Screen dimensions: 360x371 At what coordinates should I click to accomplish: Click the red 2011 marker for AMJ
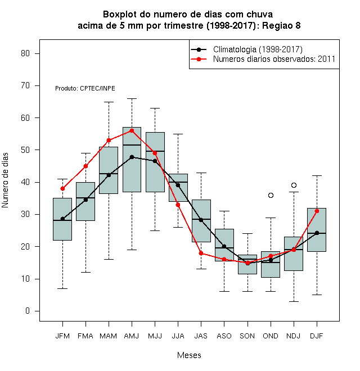pyautogui.click(x=132, y=130)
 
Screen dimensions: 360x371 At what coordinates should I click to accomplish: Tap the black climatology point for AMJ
pyautogui.click(x=132, y=157)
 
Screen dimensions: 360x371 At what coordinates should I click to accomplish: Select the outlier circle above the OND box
pyautogui.click(x=271, y=195)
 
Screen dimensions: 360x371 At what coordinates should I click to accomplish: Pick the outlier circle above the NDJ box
pyautogui.click(x=294, y=185)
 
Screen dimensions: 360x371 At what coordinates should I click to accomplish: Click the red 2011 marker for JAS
pyautogui.click(x=201, y=253)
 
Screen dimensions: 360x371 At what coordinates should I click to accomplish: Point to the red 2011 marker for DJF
pyautogui.click(x=317, y=211)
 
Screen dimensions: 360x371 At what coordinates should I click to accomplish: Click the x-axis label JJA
pyautogui.click(x=178, y=336)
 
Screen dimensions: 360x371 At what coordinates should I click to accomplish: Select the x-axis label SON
pyautogui.click(x=247, y=336)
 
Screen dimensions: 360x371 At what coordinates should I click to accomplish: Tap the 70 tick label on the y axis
pyautogui.click(x=25, y=85)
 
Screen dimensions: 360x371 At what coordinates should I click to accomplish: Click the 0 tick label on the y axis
pyautogui.click(x=28, y=311)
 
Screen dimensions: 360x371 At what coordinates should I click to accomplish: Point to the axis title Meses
pyautogui.click(x=189, y=355)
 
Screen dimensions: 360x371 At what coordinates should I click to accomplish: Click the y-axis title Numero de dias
pyautogui.click(x=5, y=180)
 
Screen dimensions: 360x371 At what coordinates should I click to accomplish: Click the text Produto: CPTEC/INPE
pyautogui.click(x=85, y=88)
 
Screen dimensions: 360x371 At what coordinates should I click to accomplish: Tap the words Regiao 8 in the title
pyautogui.click(x=281, y=25)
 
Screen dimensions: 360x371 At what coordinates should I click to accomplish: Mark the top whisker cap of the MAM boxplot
pyautogui.click(x=109, y=102)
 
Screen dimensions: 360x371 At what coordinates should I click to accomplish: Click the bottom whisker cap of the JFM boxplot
pyautogui.click(x=62, y=288)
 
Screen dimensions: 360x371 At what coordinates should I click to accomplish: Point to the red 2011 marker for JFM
pyautogui.click(x=62, y=188)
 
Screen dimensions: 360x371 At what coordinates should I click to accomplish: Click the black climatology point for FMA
pyautogui.click(x=85, y=200)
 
